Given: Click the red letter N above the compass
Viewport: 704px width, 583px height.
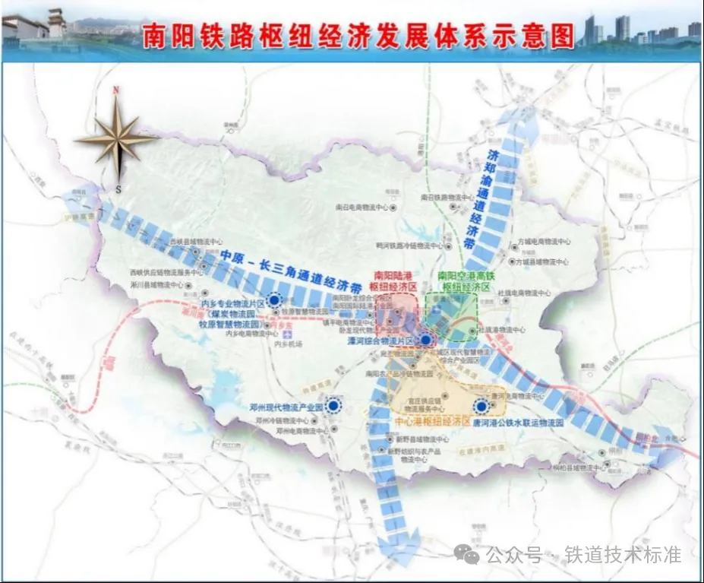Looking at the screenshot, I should (116, 90).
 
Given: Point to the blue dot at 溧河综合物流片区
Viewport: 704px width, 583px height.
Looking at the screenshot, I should (426, 340).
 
